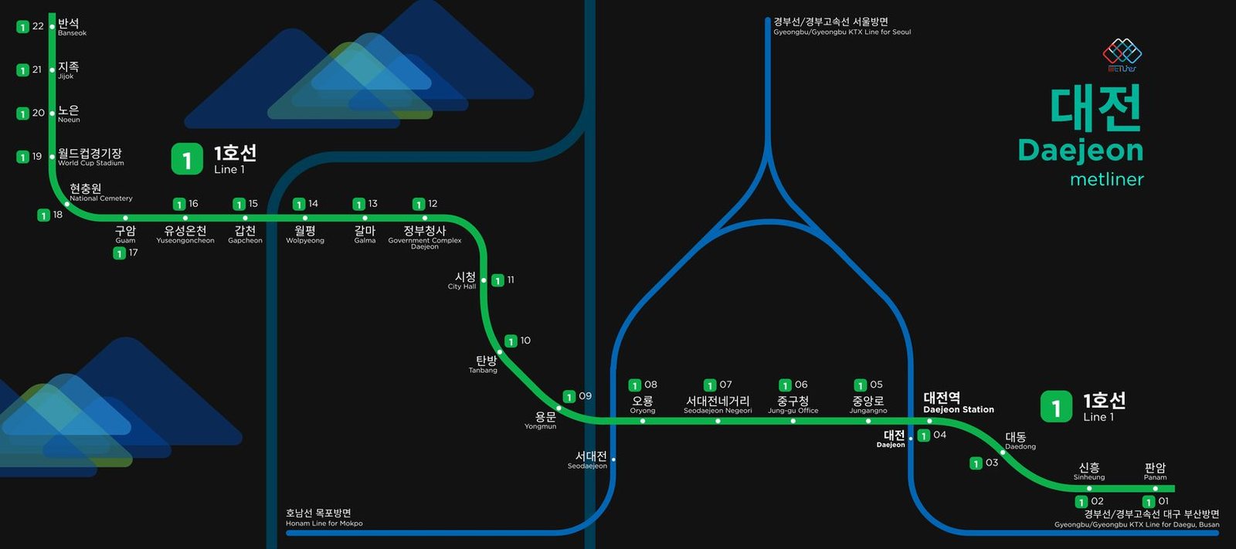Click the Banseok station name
coord(72,26)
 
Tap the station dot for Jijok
coord(53,70)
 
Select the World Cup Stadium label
coord(90,157)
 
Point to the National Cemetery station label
coord(101,192)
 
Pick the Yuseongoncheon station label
coord(185,234)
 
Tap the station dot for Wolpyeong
coord(305,218)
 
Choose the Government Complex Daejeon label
coord(425,237)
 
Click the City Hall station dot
coord(484,280)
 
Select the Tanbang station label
coord(484,364)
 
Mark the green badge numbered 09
coord(569,397)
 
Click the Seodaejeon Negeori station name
coord(718,405)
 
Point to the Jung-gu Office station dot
coord(793,421)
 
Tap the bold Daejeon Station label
coord(959,403)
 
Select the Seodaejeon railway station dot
coord(613,459)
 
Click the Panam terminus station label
coord(1156,472)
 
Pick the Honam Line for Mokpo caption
coord(324,517)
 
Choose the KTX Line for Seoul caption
coord(842,26)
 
